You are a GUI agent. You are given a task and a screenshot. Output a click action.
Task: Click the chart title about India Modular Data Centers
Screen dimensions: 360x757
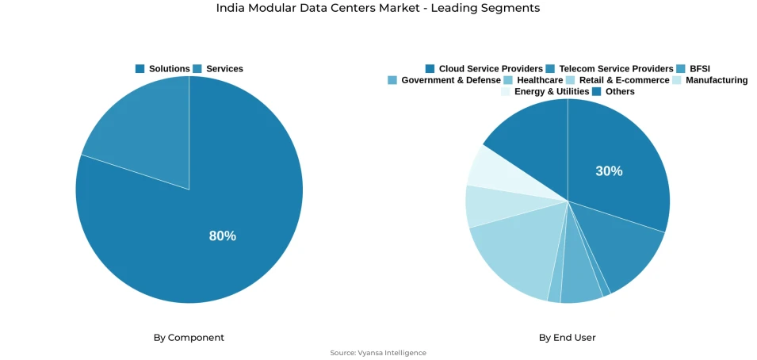pos(378,8)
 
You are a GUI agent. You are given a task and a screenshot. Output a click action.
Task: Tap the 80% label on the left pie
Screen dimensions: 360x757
pos(222,236)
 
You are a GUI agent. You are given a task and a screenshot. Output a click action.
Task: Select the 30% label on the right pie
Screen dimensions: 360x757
pos(609,171)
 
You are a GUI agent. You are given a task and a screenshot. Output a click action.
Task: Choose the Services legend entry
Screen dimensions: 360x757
pos(218,69)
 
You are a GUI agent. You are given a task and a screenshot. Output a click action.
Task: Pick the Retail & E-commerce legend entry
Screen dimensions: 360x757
pos(617,80)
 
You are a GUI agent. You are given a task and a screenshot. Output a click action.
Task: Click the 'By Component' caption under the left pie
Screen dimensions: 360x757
pos(189,338)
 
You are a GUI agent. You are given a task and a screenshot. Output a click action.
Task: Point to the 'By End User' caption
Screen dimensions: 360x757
pos(567,338)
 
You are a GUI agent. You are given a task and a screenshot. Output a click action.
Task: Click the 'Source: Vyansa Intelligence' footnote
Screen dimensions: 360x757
pos(378,353)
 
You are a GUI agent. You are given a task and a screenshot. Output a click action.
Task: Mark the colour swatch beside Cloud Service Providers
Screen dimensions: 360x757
pos(430,69)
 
